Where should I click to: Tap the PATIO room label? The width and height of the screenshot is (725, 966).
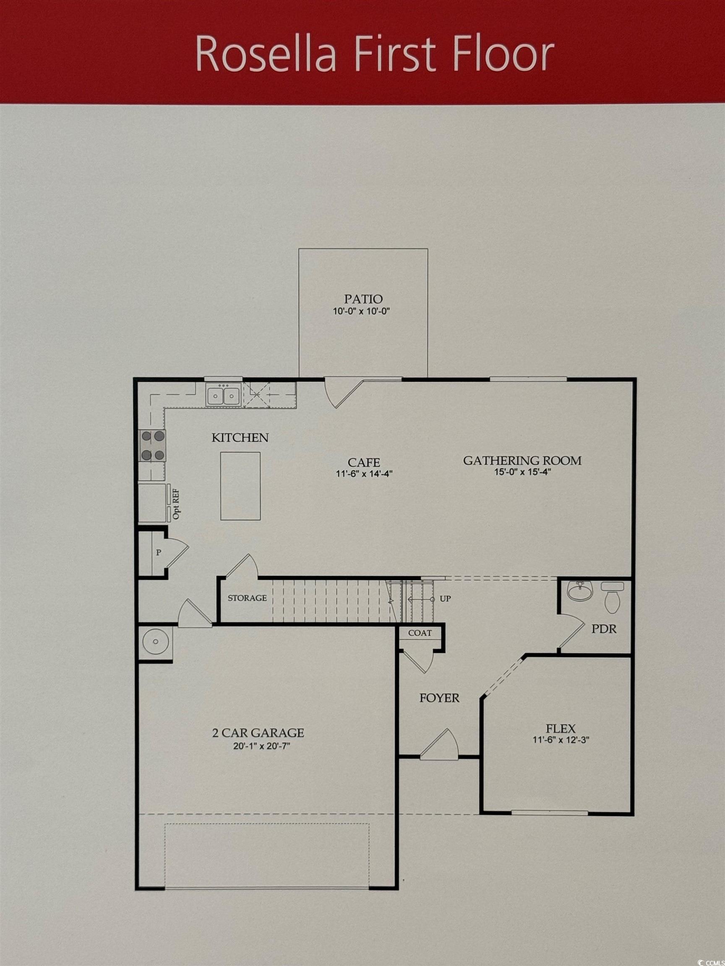pyautogui.click(x=363, y=299)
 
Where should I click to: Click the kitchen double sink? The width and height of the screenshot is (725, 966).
pyautogui.click(x=223, y=396)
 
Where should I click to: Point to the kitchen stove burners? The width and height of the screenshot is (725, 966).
pyautogui.click(x=153, y=445)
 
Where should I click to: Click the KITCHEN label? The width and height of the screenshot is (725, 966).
pyautogui.click(x=240, y=438)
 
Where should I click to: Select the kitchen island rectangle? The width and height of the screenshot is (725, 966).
pyautogui.click(x=240, y=486)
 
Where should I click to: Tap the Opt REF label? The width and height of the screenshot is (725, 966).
pyautogui.click(x=177, y=504)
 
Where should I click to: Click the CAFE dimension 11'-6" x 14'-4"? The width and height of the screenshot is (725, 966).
pyautogui.click(x=364, y=474)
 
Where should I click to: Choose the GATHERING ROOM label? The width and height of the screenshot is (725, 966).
pyautogui.click(x=522, y=460)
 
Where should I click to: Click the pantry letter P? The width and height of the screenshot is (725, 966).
pyautogui.click(x=159, y=553)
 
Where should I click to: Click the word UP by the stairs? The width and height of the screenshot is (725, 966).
pyautogui.click(x=445, y=599)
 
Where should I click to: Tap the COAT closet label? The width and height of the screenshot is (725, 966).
pyautogui.click(x=420, y=633)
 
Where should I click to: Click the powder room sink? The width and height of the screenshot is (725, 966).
pyautogui.click(x=580, y=591)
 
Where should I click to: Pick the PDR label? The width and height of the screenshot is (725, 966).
pyautogui.click(x=604, y=629)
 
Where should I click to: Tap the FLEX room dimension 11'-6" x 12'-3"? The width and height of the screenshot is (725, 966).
pyautogui.click(x=561, y=740)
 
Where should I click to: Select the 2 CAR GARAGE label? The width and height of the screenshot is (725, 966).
pyautogui.click(x=258, y=732)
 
